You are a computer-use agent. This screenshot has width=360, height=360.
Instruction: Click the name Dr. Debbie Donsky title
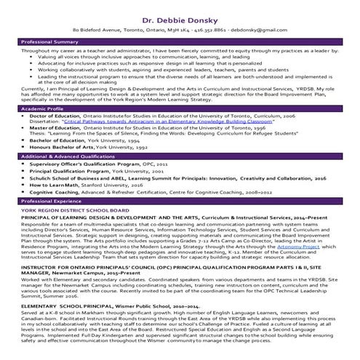coord(180,14)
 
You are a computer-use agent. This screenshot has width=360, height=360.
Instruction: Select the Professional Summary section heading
coord(46,44)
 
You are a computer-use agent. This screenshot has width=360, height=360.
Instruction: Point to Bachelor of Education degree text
coord(57,140)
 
